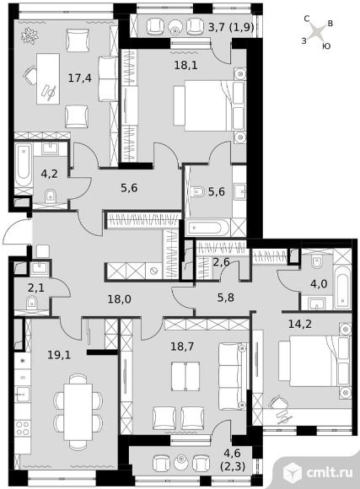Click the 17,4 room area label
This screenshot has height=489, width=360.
click(80, 78)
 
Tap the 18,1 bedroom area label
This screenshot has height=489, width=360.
click(186, 65)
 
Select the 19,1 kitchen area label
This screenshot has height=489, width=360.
click(59, 355)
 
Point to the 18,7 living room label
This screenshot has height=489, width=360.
click(182, 346)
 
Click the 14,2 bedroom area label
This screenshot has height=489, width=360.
click(300, 324)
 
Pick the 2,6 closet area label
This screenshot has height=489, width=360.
click(221, 262)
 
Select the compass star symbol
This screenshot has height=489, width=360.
click(318, 32)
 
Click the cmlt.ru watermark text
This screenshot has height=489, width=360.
click(330, 472)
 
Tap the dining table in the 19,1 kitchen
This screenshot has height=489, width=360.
click(78, 411)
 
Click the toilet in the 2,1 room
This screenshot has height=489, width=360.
click(31, 302)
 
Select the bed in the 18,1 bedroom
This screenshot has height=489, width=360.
click(209, 105)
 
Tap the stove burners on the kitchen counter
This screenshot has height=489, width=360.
click(23, 428)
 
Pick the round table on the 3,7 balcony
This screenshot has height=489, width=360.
click(175, 27)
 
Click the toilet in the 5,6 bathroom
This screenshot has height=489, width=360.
click(197, 191)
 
